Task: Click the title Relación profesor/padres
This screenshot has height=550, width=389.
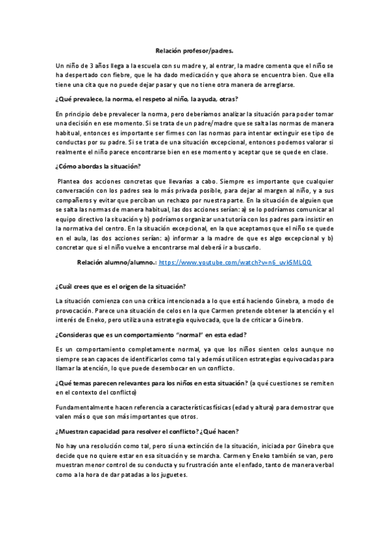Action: point(194,50)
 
